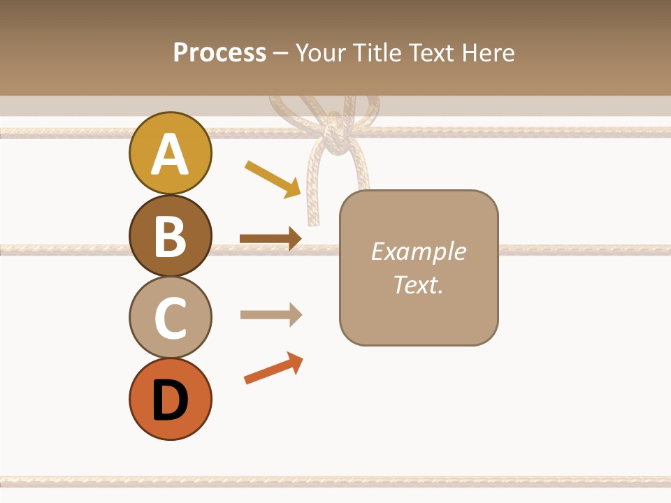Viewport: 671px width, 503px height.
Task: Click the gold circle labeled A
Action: (x=170, y=153)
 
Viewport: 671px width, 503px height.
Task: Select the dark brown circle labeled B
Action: (x=170, y=235)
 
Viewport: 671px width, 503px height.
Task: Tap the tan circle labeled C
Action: (x=170, y=317)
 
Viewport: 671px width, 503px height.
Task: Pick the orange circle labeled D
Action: (x=170, y=399)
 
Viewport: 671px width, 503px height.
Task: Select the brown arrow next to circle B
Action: (x=270, y=239)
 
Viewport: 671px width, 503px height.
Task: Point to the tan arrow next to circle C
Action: (x=270, y=314)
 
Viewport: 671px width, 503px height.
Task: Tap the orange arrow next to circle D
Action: (x=273, y=368)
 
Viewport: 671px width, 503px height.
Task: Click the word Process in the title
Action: (x=219, y=52)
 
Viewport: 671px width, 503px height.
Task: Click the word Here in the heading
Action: (x=489, y=52)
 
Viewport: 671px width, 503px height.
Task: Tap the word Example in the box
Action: (x=418, y=251)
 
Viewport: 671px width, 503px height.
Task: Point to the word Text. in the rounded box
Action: (x=418, y=285)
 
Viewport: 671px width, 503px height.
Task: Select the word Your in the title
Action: (x=320, y=52)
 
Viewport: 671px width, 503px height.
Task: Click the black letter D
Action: (x=170, y=402)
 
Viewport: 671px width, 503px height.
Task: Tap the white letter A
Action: (x=170, y=154)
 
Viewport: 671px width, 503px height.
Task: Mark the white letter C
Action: (x=170, y=318)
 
